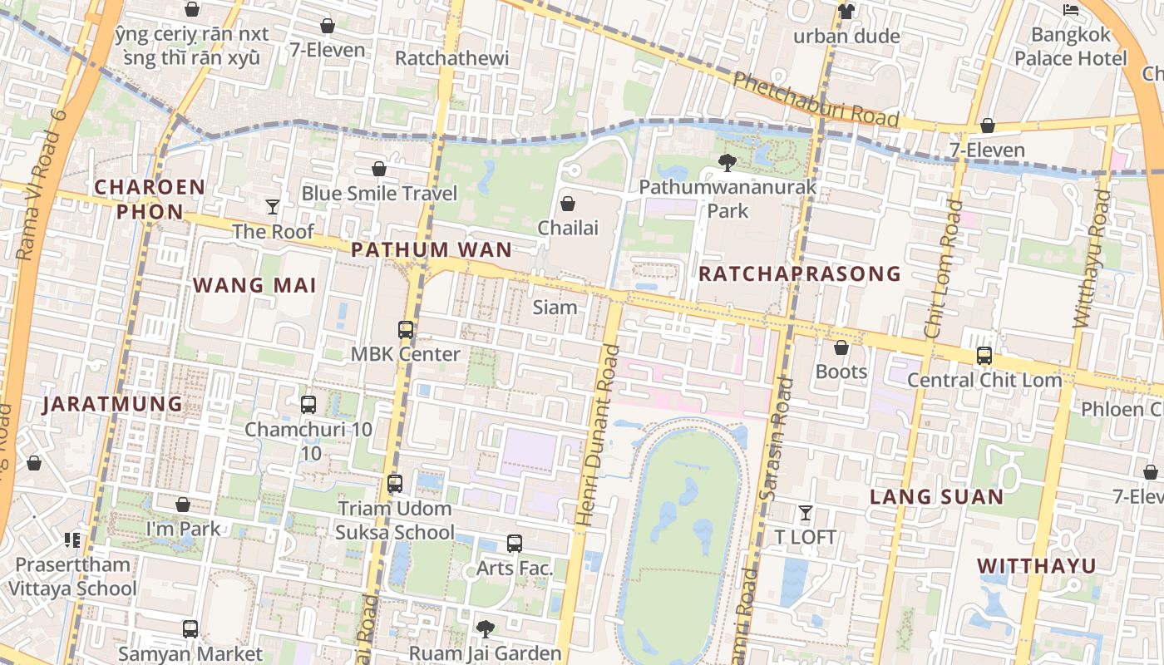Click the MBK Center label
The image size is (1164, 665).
[x=405, y=354]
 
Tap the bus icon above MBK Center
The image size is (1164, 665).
[x=406, y=330]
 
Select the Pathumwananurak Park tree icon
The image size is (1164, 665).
[x=727, y=163]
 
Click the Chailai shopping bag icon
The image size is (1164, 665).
[x=568, y=203]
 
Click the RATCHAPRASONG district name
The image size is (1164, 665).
[x=800, y=273]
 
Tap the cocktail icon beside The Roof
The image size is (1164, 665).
[x=273, y=206]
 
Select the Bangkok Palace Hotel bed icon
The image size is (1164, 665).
[x=1071, y=10]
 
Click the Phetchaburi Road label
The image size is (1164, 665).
[x=816, y=100]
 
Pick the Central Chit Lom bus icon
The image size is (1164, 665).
[x=984, y=356]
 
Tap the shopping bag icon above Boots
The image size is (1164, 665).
[x=841, y=347]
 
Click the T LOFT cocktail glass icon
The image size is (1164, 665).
[x=805, y=513]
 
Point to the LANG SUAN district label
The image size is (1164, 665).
[x=936, y=497]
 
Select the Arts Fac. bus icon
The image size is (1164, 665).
[x=515, y=544]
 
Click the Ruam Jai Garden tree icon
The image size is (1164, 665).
[x=485, y=629]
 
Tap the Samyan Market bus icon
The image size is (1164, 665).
[x=190, y=629]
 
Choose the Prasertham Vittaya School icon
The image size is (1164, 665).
[x=72, y=540]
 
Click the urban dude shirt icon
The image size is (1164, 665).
[x=846, y=12]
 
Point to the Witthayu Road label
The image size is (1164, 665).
[x=1092, y=258]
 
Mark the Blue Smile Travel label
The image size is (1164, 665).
[x=379, y=194]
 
